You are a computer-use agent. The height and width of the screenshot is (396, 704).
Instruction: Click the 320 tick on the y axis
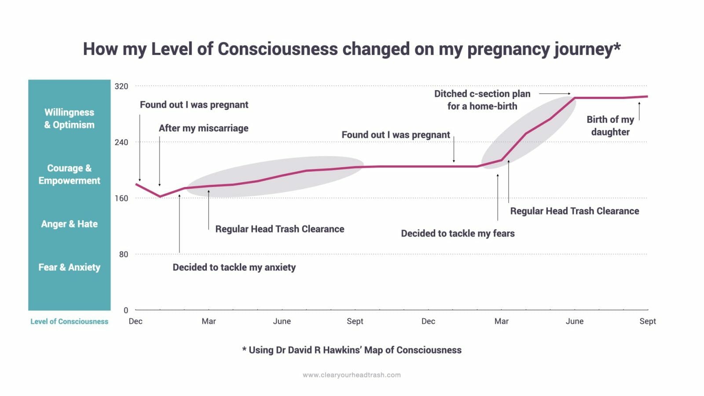click(x=121, y=86)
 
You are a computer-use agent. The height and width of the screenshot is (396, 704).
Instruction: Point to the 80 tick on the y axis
click(x=124, y=254)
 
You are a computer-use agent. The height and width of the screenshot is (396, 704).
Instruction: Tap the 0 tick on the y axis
click(x=126, y=310)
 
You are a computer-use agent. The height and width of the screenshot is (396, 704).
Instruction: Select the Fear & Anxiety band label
click(x=69, y=267)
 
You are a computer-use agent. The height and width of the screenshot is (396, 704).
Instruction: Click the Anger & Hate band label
click(x=69, y=224)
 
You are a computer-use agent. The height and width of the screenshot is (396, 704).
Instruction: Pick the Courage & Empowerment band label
click(x=69, y=174)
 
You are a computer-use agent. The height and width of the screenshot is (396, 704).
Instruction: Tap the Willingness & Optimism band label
click(x=69, y=118)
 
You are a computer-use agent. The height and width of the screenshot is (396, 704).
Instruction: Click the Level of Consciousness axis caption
click(x=69, y=322)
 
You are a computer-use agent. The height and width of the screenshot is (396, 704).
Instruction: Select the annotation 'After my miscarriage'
click(x=203, y=128)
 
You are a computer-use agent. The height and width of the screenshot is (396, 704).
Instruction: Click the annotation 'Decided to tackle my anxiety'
click(x=234, y=267)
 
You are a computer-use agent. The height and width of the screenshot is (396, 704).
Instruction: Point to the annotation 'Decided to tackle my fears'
click(x=458, y=233)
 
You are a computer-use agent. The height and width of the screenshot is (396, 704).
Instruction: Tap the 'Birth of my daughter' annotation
click(x=610, y=125)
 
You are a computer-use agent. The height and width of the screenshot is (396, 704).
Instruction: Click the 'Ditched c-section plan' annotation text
click(x=482, y=94)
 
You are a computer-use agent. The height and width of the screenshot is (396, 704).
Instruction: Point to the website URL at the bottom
click(x=352, y=375)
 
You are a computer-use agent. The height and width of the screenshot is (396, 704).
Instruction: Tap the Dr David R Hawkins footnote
click(x=352, y=350)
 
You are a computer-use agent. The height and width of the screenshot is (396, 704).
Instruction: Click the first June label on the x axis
click(x=282, y=321)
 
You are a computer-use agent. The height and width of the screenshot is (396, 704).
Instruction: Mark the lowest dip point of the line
click(x=160, y=196)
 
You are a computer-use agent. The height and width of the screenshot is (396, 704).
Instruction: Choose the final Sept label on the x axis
click(x=647, y=321)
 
